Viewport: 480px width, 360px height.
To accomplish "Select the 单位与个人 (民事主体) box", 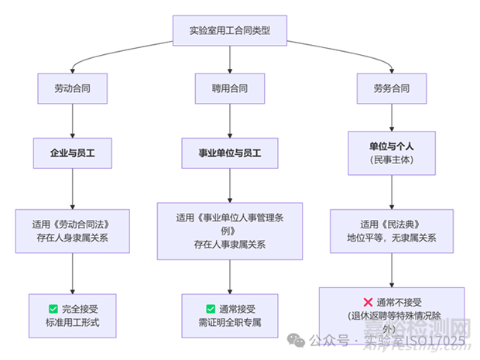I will [x=391, y=151].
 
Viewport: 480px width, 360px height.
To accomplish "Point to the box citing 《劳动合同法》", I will [x=71, y=230].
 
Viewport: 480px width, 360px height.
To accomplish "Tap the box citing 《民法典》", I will [x=391, y=230].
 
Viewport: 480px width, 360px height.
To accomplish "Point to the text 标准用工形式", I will [x=71, y=322].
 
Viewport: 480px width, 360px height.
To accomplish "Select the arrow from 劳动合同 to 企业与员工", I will [x=71, y=119].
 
